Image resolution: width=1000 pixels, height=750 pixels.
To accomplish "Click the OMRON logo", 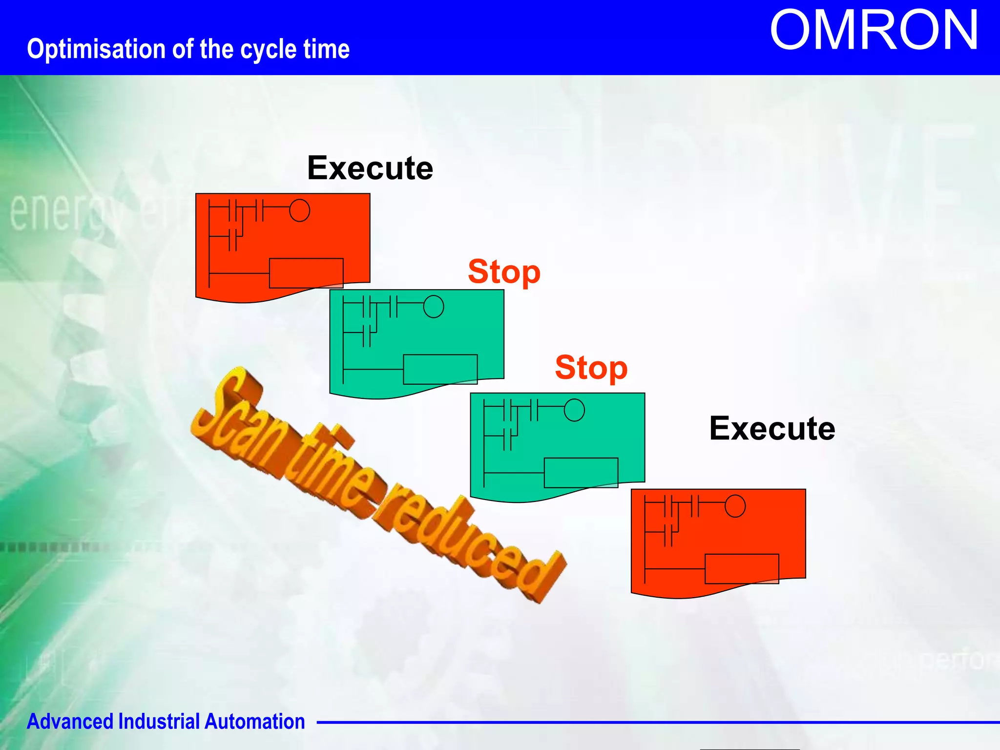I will (874, 31).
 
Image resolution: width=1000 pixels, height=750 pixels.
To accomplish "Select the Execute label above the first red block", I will (370, 168).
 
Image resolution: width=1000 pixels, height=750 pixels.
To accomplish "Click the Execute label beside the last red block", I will (771, 429).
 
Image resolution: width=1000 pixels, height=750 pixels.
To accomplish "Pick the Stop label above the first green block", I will (504, 272).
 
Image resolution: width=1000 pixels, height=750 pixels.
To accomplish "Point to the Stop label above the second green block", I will (591, 368).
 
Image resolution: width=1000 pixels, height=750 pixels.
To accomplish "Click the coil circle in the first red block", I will (299, 210).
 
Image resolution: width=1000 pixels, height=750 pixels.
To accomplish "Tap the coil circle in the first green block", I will (434, 307).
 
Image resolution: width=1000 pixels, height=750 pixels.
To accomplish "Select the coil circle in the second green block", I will (574, 410).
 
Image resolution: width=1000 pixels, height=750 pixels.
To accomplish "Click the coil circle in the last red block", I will (735, 506).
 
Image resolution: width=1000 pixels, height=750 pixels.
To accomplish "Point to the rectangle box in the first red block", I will (306, 273).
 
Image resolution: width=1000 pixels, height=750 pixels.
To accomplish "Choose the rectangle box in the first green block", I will (440, 369).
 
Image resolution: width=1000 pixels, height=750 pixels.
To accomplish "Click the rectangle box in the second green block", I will (581, 473).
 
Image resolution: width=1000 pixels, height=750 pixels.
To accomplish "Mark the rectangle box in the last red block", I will (741, 569).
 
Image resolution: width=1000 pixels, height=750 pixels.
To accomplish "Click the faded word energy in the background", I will (63, 212).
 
